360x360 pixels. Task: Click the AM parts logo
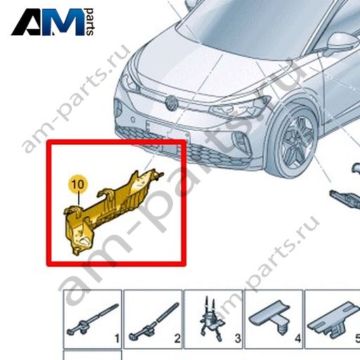tap(53, 22)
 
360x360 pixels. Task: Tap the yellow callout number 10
tap(77, 184)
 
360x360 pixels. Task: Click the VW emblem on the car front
tap(172, 103)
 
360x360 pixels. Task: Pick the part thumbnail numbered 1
tap(92, 319)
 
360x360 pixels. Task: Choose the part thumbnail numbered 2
tap(153, 319)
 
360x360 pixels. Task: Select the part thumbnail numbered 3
tap(213, 319)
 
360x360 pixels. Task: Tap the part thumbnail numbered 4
tap(274, 319)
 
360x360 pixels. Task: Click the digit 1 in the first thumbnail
tap(117, 339)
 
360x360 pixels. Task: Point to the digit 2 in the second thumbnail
tap(177, 339)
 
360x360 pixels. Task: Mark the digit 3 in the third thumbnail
tap(238, 339)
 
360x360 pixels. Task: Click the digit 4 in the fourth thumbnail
tap(297, 339)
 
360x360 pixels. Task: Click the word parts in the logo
tap(90, 22)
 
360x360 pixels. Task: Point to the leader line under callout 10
tap(79, 200)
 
